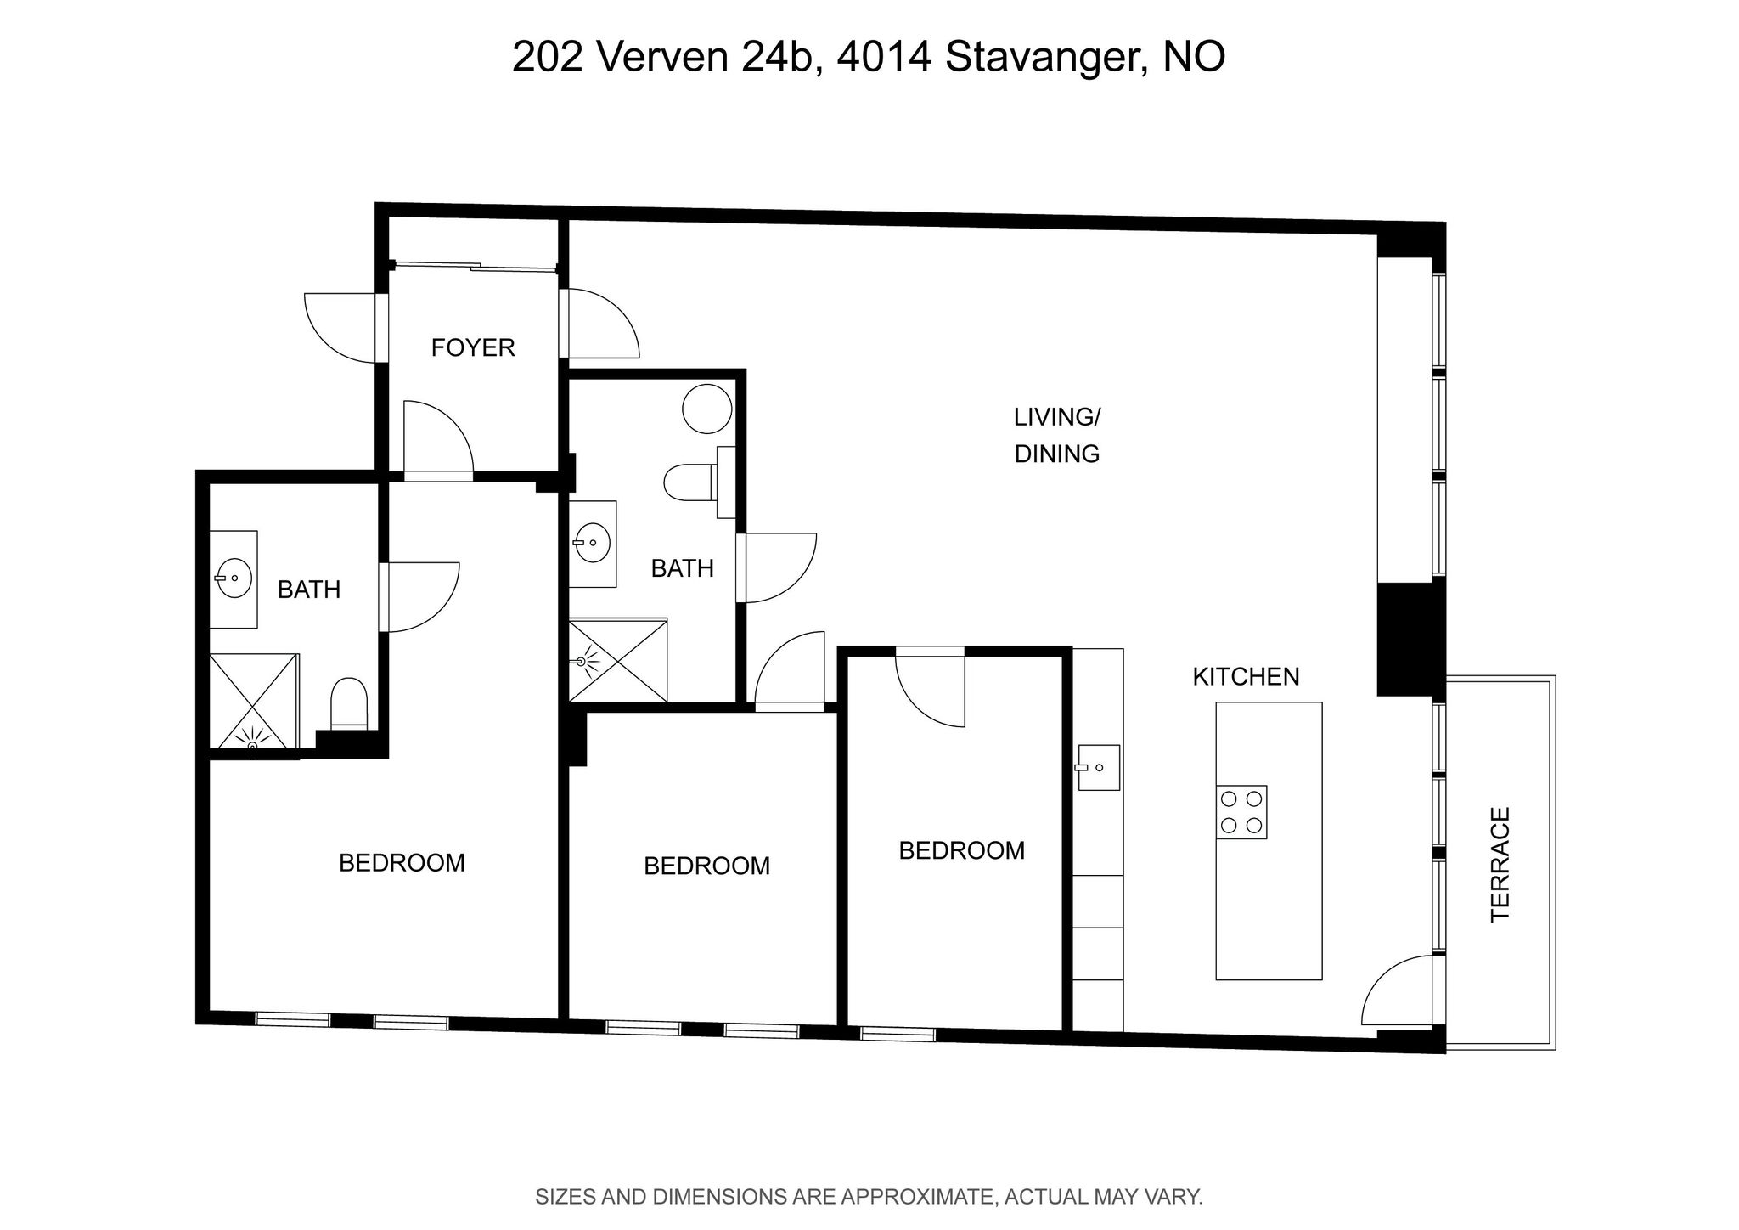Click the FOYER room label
(473, 347)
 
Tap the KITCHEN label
(1246, 677)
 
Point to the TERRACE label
(1500, 864)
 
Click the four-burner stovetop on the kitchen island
(1241, 812)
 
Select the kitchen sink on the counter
(1099, 767)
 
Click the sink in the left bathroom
(234, 579)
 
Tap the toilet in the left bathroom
(348, 702)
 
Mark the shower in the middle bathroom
(618, 660)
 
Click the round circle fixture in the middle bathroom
(707, 409)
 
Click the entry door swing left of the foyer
(340, 328)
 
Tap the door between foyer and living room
(599, 323)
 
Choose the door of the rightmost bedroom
(931, 687)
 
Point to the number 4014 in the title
(883, 57)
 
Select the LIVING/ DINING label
(1057, 435)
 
